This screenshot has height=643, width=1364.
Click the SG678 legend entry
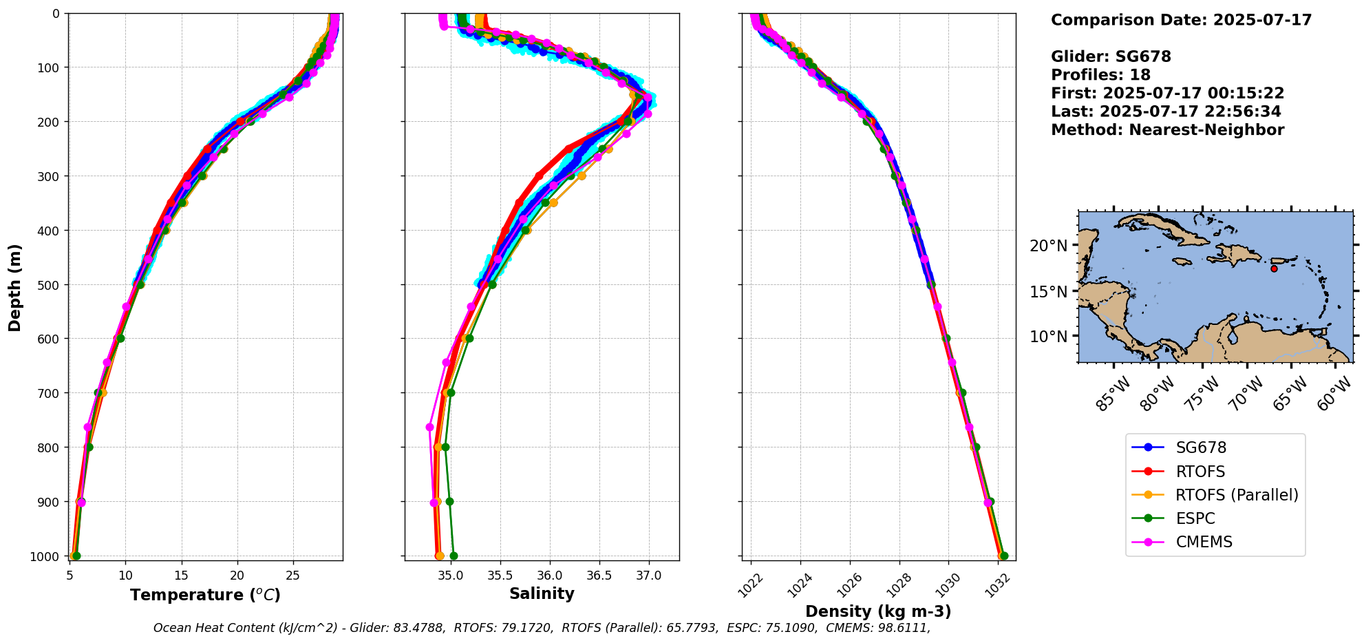(x=1200, y=448)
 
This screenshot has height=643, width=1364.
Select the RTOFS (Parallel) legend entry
(x=1236, y=495)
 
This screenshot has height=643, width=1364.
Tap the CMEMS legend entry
(x=1204, y=542)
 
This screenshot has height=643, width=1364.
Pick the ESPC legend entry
(x=1195, y=519)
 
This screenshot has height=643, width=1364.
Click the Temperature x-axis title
(x=205, y=595)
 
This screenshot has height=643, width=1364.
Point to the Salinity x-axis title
(x=542, y=593)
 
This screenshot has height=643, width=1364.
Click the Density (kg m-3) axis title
(x=878, y=611)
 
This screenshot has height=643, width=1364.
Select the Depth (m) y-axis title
(x=15, y=287)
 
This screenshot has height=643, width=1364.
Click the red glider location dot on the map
(x=1274, y=268)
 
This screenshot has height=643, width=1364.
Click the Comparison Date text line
(x=1181, y=20)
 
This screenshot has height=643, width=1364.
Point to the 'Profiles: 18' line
(x=1100, y=75)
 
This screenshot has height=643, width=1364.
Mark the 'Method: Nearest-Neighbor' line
(x=1167, y=130)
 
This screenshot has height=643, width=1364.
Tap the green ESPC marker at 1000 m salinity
(x=454, y=556)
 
